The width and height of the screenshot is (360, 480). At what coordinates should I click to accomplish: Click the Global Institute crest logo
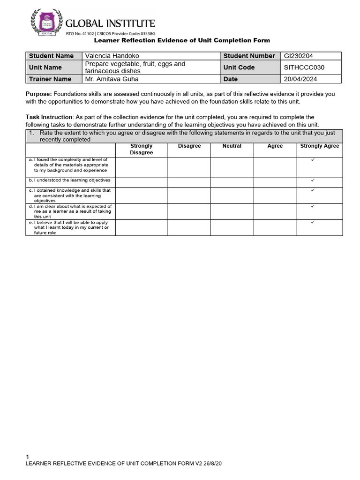[45, 22]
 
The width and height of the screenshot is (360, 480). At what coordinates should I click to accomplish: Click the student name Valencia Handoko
[112, 56]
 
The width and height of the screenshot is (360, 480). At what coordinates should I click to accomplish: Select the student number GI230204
[299, 56]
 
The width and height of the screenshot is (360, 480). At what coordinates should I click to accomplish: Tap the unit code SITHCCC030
[304, 67]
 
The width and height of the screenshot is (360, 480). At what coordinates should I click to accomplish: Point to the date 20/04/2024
[300, 79]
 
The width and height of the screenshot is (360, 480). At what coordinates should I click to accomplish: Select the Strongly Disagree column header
[141, 149]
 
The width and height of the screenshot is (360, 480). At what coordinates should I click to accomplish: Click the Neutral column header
[232, 146]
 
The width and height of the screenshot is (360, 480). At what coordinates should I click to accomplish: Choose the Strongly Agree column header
[319, 146]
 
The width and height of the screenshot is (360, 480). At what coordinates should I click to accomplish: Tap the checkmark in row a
[313, 160]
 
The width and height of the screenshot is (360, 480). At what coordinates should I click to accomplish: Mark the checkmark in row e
[313, 223]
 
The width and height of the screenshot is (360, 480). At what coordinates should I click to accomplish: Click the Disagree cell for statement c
[189, 195]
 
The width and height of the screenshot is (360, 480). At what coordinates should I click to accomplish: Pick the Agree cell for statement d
[275, 211]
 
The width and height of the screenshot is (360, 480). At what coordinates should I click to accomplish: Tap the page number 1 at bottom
[28, 457]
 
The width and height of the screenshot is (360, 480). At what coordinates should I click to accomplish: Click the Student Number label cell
[249, 56]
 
